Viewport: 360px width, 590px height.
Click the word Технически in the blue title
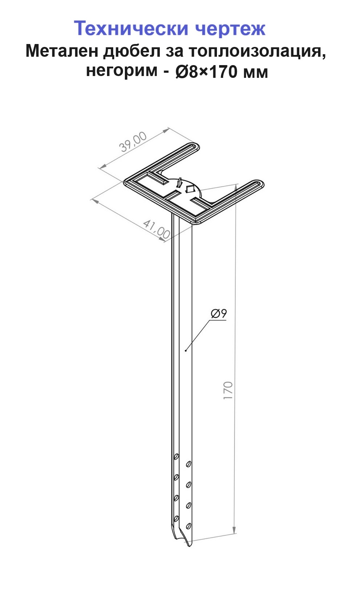[x=131, y=28]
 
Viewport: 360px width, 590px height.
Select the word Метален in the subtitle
[x=62, y=51]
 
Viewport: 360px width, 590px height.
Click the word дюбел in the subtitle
[x=132, y=51]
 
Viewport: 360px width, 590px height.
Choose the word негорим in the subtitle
[x=122, y=71]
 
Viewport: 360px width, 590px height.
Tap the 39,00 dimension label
[x=133, y=142]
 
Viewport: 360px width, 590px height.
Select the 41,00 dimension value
[x=157, y=230]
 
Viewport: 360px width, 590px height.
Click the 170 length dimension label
[x=228, y=390]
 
